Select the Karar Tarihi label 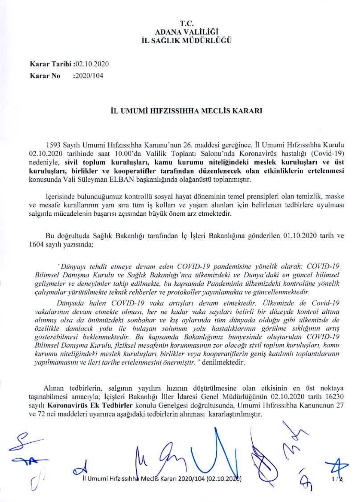point(50,64)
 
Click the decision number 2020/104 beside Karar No point(88,75)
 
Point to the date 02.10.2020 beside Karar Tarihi point(93,64)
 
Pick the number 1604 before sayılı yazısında point(35,245)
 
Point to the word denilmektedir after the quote point(224,362)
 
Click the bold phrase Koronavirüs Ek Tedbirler point(90,405)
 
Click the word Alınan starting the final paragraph point(54,389)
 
